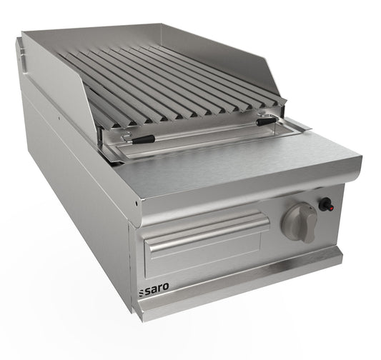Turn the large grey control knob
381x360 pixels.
tap(298, 221)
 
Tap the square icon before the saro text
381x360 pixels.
tap(141, 293)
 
